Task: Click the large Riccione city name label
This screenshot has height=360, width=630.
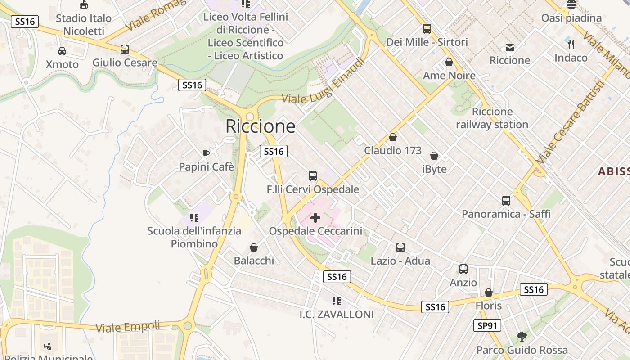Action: pyautogui.click(x=261, y=126)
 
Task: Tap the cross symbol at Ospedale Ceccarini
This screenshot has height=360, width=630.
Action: pyautogui.click(x=315, y=218)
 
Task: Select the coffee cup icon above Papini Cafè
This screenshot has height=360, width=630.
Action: pyautogui.click(x=206, y=153)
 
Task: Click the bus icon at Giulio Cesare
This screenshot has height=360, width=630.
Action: pyautogui.click(x=125, y=49)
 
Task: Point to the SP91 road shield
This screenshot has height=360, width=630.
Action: pyautogui.click(x=487, y=325)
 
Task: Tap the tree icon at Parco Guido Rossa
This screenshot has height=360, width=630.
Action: pyautogui.click(x=522, y=336)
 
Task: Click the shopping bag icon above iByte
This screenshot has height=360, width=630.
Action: pyautogui.click(x=434, y=156)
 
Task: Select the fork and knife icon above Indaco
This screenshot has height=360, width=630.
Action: pyautogui.click(x=571, y=44)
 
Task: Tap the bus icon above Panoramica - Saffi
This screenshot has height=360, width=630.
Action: pyautogui.click(x=506, y=200)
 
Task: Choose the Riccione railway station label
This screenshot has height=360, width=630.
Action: pyautogui.click(x=492, y=118)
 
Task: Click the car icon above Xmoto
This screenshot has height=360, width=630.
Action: pyautogui.click(x=62, y=51)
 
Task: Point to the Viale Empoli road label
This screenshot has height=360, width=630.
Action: pyautogui.click(x=128, y=326)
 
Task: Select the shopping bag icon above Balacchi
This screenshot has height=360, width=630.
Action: pyautogui.click(x=254, y=247)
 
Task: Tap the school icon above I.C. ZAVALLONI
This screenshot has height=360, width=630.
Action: pyautogui.click(x=336, y=301)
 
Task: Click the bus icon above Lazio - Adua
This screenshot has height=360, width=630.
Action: pyautogui.click(x=400, y=247)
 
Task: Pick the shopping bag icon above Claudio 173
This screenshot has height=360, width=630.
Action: pyautogui.click(x=393, y=137)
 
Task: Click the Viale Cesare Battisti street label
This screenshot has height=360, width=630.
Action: pyautogui.click(x=570, y=122)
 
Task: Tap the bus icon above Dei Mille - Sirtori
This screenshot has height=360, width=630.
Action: pyautogui.click(x=427, y=29)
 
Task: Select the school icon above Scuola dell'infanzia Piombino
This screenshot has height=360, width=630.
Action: pyautogui.click(x=194, y=218)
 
